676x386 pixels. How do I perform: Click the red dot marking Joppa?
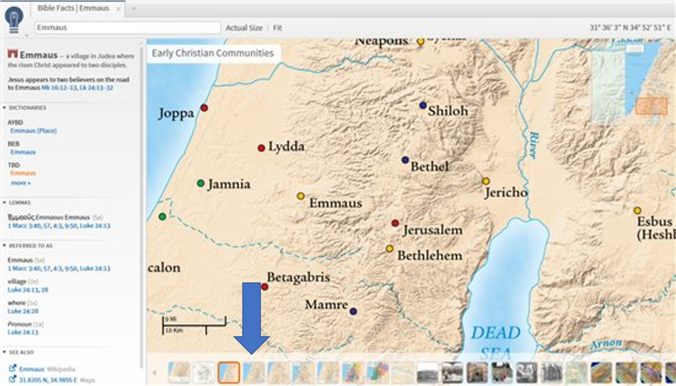point(204,108)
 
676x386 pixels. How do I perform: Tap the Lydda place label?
point(286,146)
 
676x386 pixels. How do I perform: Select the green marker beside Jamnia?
point(200,183)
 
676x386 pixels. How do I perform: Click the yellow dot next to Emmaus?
point(300,196)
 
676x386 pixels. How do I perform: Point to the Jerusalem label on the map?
point(432,230)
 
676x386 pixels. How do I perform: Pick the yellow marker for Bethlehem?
point(389,249)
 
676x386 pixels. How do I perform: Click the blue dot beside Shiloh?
point(422,105)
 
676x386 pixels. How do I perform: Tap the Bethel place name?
point(429,166)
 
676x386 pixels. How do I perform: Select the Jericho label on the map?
point(506,192)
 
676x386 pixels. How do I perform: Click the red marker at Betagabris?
point(264,287)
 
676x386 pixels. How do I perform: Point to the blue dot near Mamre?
point(353,311)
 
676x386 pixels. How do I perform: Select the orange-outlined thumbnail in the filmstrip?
point(229,372)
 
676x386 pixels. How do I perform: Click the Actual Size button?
point(244,28)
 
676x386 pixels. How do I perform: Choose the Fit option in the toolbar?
point(277,28)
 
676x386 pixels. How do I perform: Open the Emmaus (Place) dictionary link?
point(33,131)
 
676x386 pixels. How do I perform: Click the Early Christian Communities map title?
point(213,53)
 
